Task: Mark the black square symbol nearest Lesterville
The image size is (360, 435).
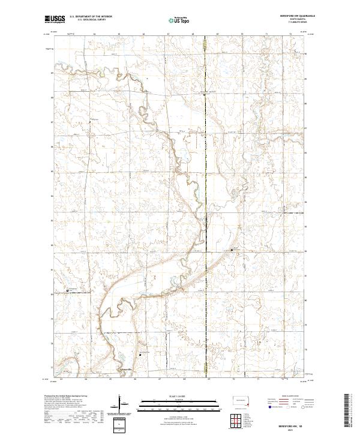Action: click(x=140, y=355)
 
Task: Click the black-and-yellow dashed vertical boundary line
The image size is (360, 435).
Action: click(x=206, y=180)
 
